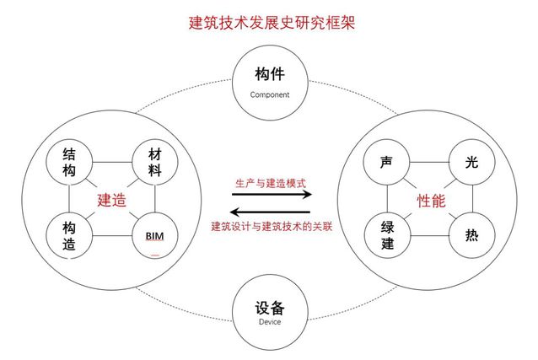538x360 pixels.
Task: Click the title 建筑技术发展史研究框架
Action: coord(270,22)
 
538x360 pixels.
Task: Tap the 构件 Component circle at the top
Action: coord(269,81)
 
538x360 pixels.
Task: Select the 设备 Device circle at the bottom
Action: coord(269,313)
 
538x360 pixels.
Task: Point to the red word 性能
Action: coord(431,201)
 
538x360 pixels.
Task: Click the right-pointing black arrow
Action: coord(271,195)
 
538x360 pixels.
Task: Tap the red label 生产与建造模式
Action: coord(270,182)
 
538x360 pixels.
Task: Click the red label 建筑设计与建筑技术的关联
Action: coord(270,226)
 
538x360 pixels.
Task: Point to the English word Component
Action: coord(269,95)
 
